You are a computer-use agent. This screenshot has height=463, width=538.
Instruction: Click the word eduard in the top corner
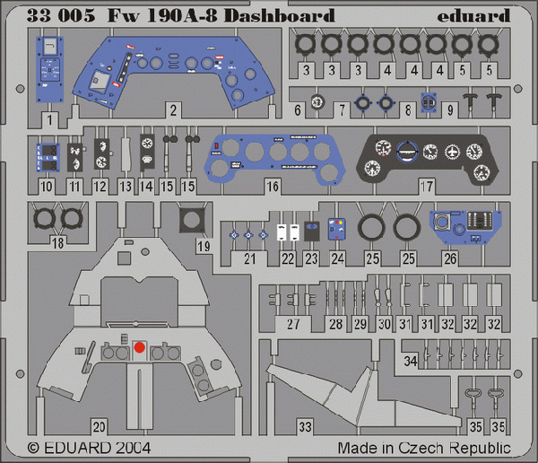pyautogui.click(x=473, y=16)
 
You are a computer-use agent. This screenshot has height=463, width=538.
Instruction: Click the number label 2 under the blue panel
pyautogui.click(x=173, y=110)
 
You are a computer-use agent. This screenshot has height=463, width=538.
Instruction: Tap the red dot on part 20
pyautogui.click(x=139, y=347)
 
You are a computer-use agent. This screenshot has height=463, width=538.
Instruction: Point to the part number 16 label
pyautogui.click(x=273, y=187)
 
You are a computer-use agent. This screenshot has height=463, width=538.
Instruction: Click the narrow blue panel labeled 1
pyautogui.click(x=49, y=69)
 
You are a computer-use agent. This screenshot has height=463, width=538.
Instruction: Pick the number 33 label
pyautogui.click(x=305, y=427)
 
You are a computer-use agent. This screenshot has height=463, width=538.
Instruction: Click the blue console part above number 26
pyautogui.click(x=465, y=227)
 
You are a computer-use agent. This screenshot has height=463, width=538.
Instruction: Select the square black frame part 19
pyautogui.click(x=192, y=220)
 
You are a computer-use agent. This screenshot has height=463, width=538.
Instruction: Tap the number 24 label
pyautogui.click(x=338, y=258)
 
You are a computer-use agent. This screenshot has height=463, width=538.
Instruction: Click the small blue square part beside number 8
pyautogui.click(x=429, y=102)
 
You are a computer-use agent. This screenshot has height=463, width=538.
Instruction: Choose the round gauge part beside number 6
pyautogui.click(x=317, y=102)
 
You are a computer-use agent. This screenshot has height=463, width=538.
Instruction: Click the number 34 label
pyautogui.click(x=411, y=361)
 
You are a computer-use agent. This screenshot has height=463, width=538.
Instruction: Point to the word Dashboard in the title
pyautogui.click(x=279, y=16)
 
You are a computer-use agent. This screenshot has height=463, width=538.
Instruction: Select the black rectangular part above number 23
pyautogui.click(x=311, y=231)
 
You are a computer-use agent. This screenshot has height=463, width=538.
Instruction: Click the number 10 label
pyautogui.click(x=47, y=187)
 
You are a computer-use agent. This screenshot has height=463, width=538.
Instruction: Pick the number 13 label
pyautogui.click(x=126, y=187)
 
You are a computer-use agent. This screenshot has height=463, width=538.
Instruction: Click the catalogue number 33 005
pyautogui.click(x=61, y=16)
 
